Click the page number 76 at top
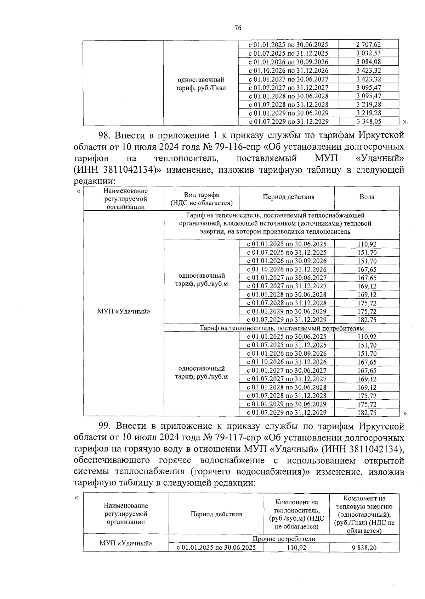(238, 28)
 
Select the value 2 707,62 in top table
(368, 45)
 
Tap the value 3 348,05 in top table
(368, 122)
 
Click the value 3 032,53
(368, 53)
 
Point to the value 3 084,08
(368, 62)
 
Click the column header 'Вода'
(367, 197)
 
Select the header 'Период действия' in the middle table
(288, 197)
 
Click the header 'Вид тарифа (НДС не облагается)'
(201, 199)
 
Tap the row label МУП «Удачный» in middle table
(123, 311)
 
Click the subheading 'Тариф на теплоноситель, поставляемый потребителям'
(282, 328)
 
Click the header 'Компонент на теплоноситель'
(296, 514)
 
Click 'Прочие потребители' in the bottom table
(284, 539)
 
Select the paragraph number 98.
(105, 135)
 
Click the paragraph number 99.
(105, 426)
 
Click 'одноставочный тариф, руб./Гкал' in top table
(201, 84)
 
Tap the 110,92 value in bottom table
(296, 548)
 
